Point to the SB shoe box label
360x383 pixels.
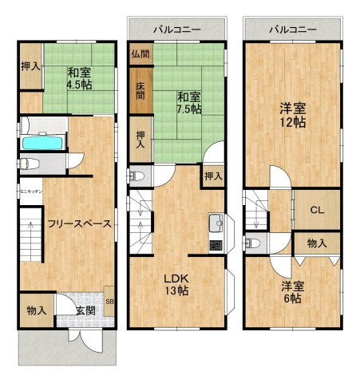point(109,302)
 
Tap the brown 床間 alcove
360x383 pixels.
point(138,89)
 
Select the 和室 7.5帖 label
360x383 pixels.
point(188,103)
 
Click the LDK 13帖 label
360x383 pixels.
point(176,286)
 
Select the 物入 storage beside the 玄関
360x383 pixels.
point(36,310)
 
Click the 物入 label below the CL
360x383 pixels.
point(316,243)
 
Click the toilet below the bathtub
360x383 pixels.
point(26,164)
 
